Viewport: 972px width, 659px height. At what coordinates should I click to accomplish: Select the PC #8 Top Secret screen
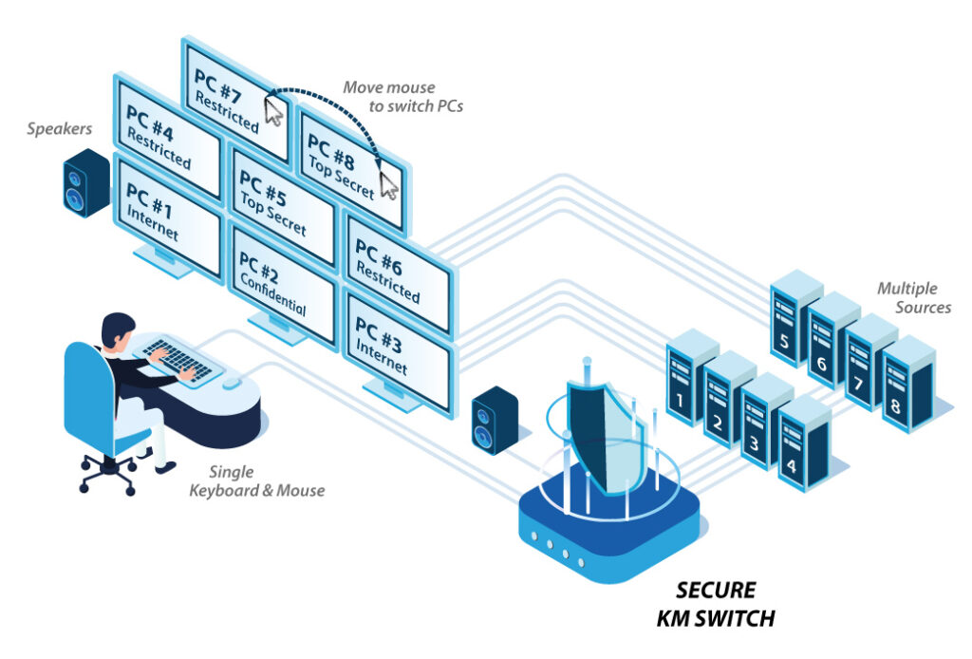[x=346, y=166]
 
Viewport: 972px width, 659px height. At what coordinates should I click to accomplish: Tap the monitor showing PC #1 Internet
[x=165, y=214]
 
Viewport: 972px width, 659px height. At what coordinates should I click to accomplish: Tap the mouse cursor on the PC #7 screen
[x=273, y=112]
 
